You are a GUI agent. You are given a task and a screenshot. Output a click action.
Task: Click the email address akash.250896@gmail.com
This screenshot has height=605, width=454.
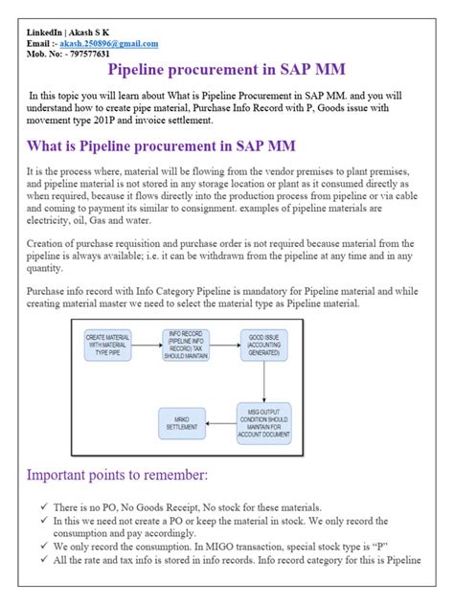pos(108,44)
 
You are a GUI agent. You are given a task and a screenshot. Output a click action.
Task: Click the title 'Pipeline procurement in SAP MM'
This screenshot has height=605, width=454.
pos(226,72)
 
